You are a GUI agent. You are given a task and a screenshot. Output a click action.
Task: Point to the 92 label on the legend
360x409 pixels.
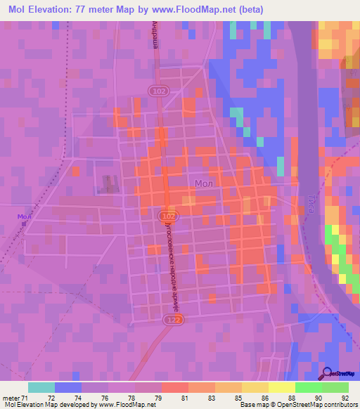coord(345,397)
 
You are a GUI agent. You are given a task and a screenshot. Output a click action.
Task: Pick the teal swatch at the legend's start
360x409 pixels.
coord(41,387)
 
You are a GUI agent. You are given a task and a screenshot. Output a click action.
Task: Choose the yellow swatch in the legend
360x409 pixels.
coord(281,387)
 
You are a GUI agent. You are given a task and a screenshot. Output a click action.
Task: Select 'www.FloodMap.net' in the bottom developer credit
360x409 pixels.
coord(127,405)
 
